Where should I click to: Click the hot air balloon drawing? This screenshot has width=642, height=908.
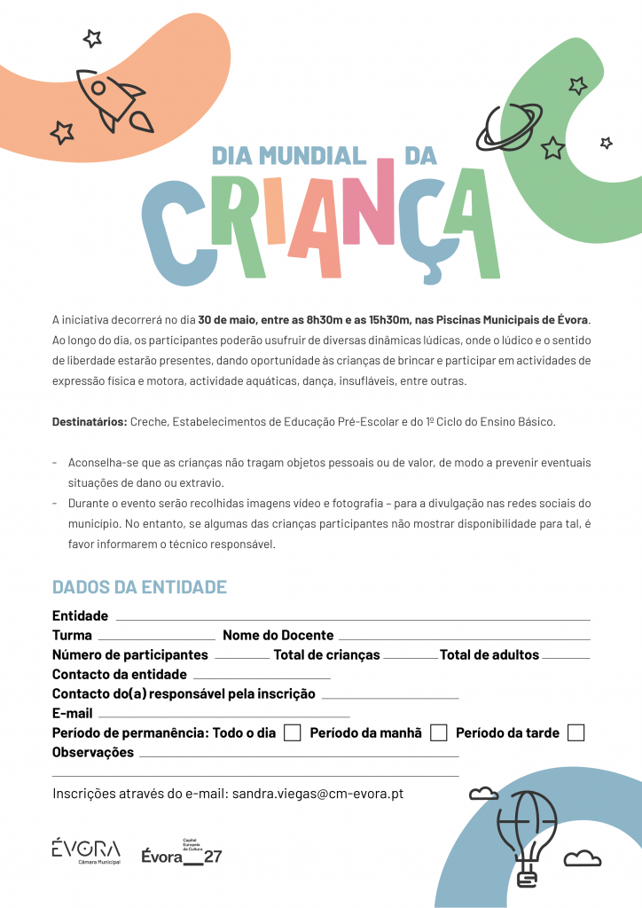click(x=528, y=834)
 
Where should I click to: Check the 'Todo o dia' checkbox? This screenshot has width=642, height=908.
click(x=292, y=733)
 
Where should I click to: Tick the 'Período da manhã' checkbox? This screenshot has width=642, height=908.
click(x=438, y=733)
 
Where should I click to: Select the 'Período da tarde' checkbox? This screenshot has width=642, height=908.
click(x=575, y=733)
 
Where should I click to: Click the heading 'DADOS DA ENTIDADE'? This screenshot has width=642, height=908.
click(x=139, y=587)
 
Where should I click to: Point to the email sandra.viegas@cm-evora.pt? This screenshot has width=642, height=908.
click(x=317, y=794)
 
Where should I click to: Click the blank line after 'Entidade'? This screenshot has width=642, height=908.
click(x=352, y=618)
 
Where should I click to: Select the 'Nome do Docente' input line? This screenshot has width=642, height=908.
click(x=464, y=638)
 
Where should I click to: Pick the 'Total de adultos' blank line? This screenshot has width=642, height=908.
click(x=566, y=657)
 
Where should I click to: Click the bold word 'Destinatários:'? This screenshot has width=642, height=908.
click(x=90, y=421)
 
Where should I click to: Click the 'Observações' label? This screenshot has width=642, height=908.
click(x=93, y=753)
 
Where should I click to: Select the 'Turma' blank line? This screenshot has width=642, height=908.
click(x=156, y=638)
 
